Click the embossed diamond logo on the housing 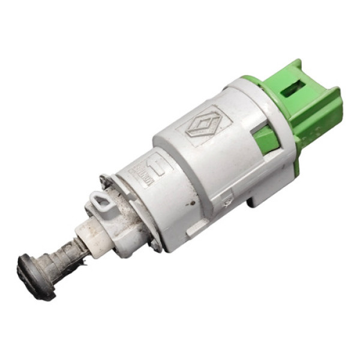208,124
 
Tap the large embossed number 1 158,167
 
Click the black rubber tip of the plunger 31,276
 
